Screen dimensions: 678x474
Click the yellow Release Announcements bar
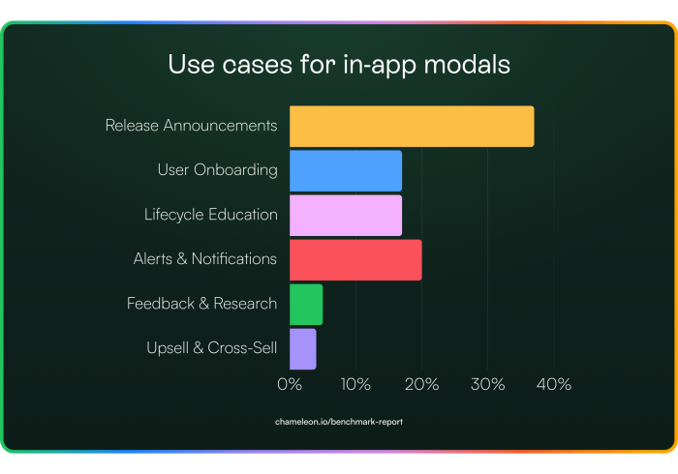point(412,126)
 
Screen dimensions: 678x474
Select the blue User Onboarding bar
point(346,170)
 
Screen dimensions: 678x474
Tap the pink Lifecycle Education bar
point(346,216)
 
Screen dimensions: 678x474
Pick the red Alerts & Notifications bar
point(355,260)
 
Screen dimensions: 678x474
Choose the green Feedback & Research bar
point(306,305)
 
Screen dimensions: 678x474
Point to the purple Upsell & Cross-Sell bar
point(302,349)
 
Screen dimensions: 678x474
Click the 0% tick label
point(290,384)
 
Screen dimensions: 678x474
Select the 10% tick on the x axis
point(355,384)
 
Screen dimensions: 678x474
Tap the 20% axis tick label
point(421,384)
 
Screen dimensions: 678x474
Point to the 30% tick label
point(488,384)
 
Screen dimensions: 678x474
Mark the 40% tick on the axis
point(554,384)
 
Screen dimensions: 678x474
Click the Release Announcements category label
point(191,125)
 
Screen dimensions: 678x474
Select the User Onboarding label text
point(218,170)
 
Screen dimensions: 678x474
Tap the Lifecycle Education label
point(211,215)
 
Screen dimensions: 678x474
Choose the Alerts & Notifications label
point(205,259)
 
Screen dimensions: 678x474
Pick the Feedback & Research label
point(201,304)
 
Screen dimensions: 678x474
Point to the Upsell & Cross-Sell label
point(212,348)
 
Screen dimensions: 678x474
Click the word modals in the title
point(467,64)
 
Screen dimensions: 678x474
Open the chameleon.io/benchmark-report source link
point(339,422)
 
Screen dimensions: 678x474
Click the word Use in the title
point(191,64)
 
